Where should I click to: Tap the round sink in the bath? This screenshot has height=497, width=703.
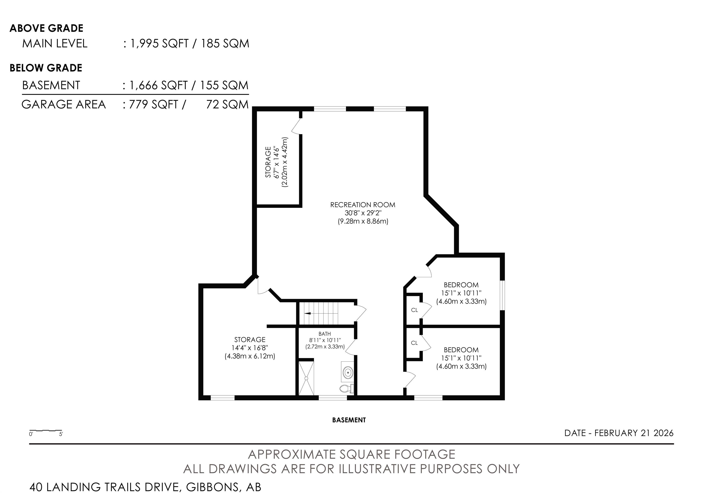click(348, 372)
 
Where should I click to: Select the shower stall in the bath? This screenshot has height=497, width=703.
click(306, 378)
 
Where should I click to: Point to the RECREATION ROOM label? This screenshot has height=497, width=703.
click(363, 205)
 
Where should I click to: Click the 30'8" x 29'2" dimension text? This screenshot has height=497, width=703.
click(363, 213)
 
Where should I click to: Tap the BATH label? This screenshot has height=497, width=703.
click(324, 334)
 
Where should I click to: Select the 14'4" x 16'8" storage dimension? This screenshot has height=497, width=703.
click(250, 348)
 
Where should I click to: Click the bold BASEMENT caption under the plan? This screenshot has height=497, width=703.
click(349, 420)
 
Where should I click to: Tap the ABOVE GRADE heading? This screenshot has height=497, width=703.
click(46, 28)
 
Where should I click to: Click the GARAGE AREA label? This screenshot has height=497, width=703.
click(64, 104)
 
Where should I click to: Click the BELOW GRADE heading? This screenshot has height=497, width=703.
click(46, 68)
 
